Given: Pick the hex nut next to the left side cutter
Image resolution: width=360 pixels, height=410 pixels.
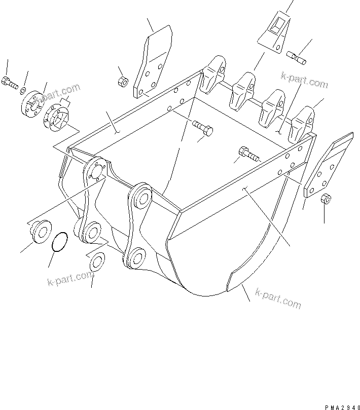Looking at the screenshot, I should [122, 82].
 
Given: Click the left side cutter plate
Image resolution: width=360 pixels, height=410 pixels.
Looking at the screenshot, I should [153, 63].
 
